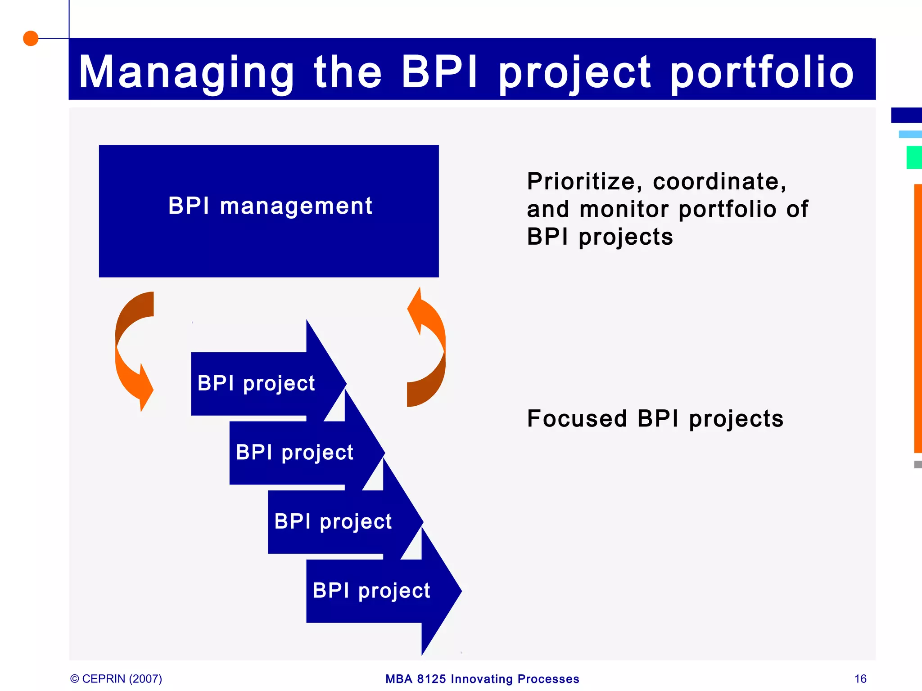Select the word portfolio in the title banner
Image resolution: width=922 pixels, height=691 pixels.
[x=762, y=72]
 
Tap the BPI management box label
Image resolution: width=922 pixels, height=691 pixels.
[x=270, y=206]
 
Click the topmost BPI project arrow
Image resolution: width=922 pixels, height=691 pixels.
[x=257, y=383]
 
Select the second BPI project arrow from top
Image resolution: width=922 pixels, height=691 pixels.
[x=295, y=453]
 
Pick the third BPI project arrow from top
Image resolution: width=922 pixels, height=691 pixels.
[x=333, y=522]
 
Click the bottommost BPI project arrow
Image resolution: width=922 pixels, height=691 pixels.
[x=372, y=591]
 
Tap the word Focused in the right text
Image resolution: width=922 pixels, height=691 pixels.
[x=577, y=418]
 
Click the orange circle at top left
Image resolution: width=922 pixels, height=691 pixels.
[x=31, y=38]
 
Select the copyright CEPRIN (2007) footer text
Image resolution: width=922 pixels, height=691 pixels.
[x=117, y=678]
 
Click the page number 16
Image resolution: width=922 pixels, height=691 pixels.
[x=860, y=678]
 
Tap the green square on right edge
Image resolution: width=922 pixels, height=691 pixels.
[x=914, y=157]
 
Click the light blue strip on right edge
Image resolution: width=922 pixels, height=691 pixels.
[x=910, y=134]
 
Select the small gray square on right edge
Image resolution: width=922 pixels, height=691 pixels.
[x=918, y=464]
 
